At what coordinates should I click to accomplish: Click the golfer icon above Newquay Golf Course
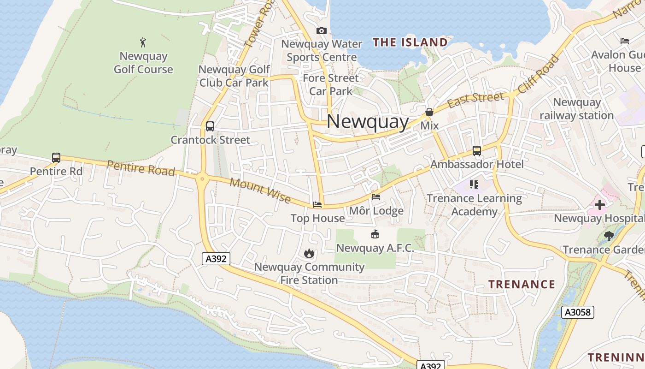[x=143, y=43]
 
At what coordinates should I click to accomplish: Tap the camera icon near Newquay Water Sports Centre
[x=322, y=31]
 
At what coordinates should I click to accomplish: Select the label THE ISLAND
[x=410, y=43]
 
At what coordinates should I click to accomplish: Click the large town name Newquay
[x=368, y=121]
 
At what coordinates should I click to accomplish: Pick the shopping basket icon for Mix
[x=429, y=112]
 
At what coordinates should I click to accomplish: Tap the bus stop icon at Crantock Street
[x=210, y=126]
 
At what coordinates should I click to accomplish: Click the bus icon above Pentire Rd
[x=56, y=158]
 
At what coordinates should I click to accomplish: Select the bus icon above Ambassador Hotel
[x=477, y=151]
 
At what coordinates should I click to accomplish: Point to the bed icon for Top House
[x=317, y=204]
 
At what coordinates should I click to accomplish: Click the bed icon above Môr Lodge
[x=376, y=197]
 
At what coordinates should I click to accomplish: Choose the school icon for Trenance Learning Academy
[x=474, y=185]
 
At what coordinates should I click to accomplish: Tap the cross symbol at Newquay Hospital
[x=600, y=204]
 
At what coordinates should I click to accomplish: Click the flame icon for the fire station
[x=309, y=253]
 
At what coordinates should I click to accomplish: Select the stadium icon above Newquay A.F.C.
[x=375, y=234]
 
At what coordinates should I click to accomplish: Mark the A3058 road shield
[x=578, y=312]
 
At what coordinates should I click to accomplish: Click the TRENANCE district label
[x=522, y=284]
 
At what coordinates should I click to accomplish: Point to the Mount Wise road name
[x=260, y=190]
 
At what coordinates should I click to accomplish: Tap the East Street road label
[x=475, y=100]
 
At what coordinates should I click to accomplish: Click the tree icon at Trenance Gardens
[x=609, y=236]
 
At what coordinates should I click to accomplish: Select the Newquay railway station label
[x=577, y=109]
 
